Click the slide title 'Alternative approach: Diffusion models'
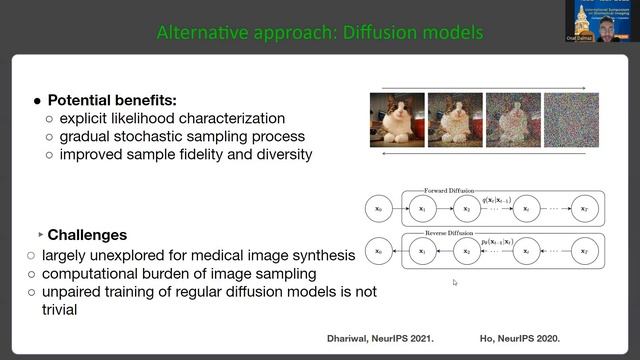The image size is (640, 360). [x=320, y=33]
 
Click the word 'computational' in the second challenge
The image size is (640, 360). [x=91, y=274]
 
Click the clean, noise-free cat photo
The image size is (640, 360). [x=397, y=120]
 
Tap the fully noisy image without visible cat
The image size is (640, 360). [x=571, y=120]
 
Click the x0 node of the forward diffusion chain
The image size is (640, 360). [x=376, y=210]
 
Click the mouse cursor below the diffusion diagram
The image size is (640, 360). [x=455, y=283]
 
